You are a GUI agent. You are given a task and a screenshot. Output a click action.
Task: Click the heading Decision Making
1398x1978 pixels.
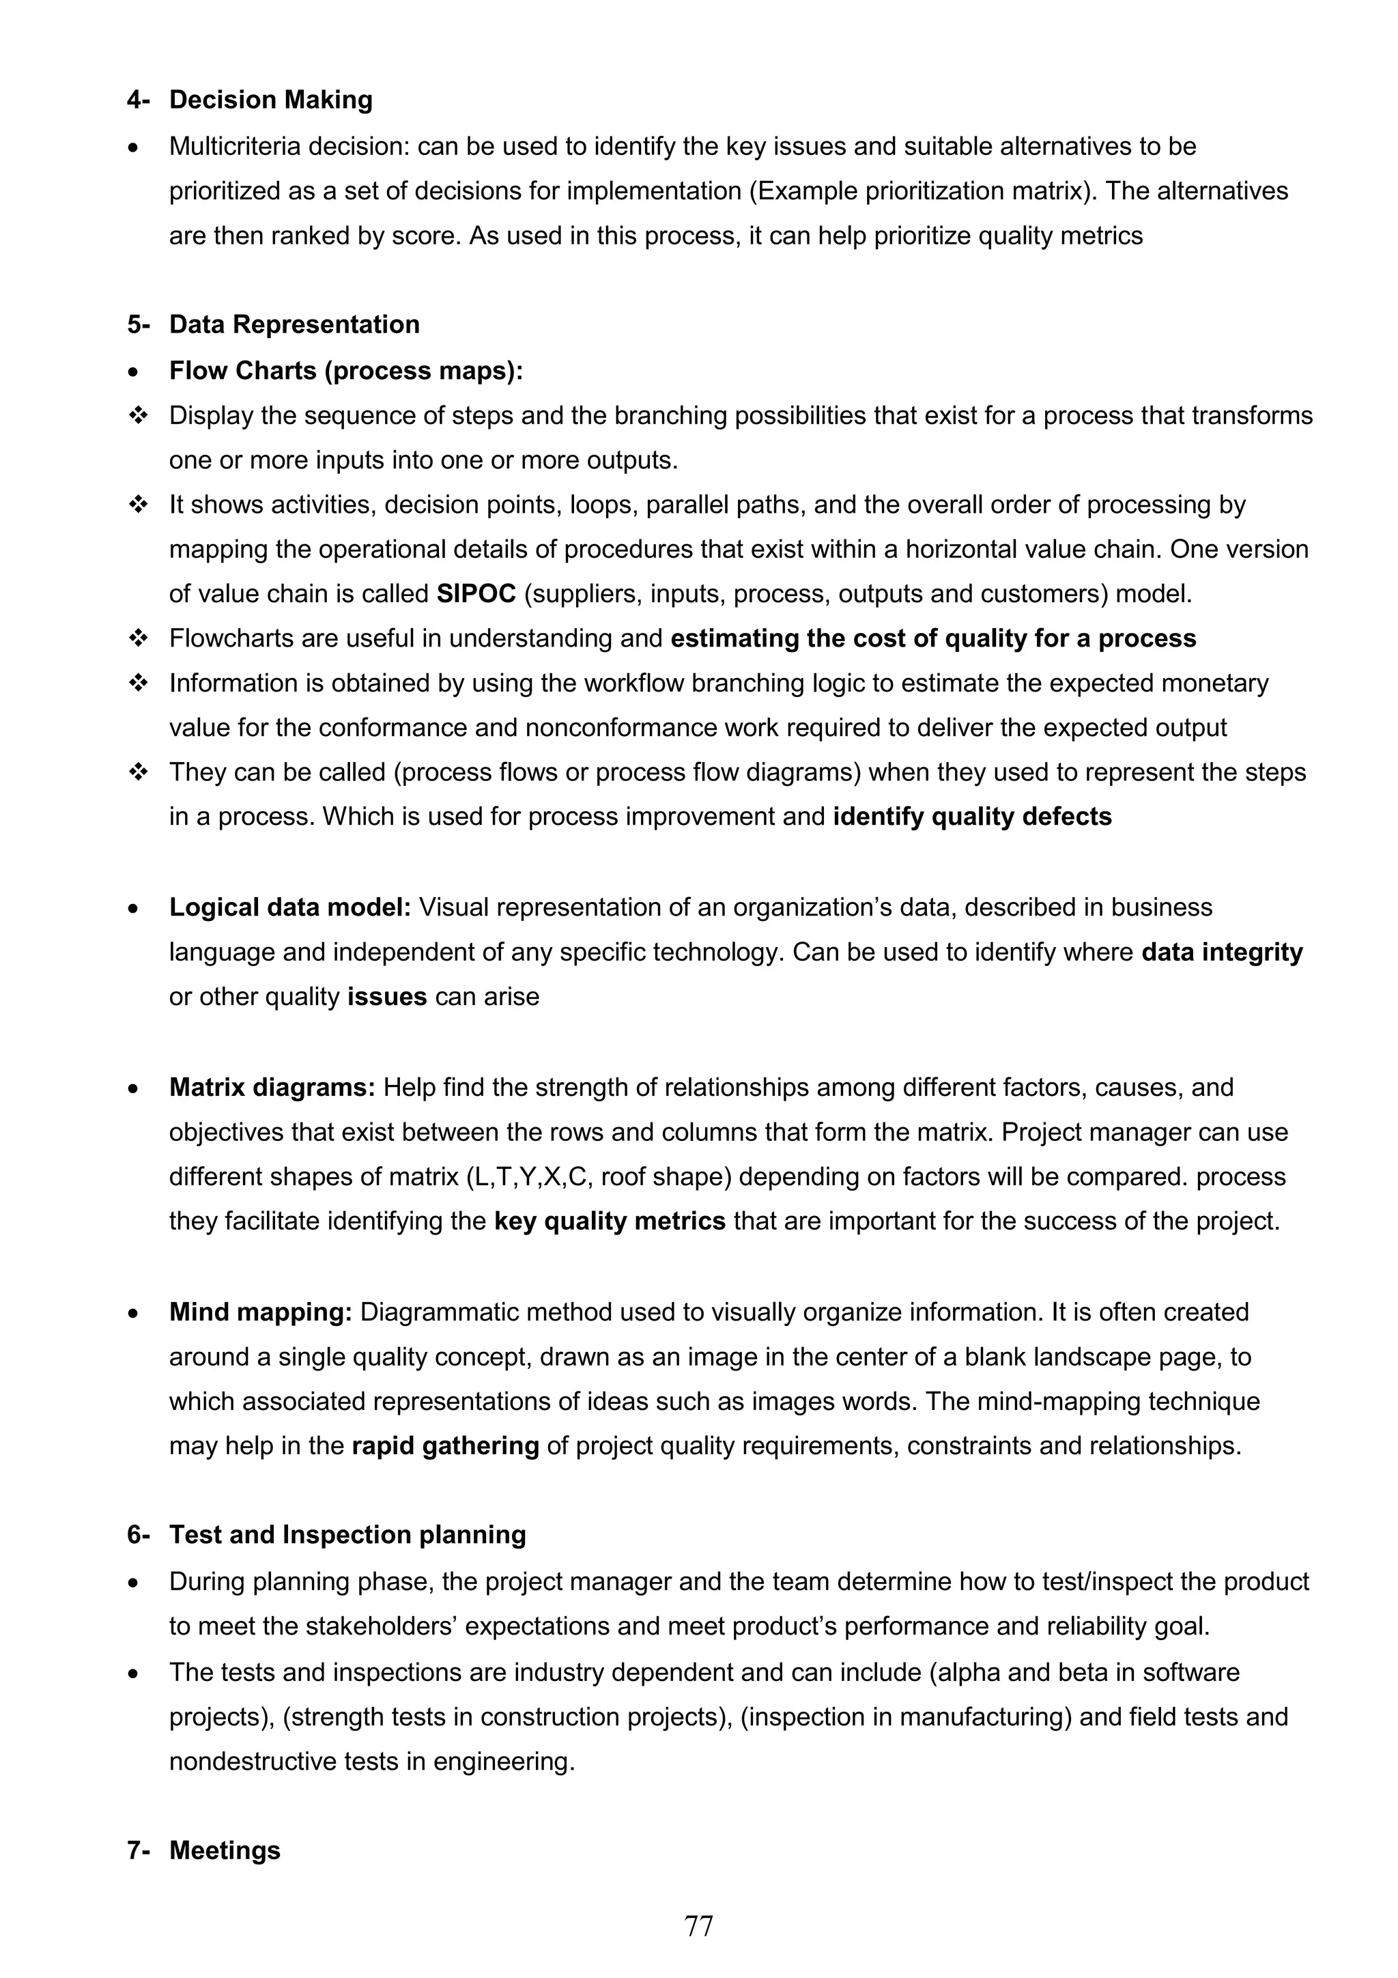coord(270,100)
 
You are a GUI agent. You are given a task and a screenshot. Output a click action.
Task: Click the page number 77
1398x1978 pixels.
coord(698,1925)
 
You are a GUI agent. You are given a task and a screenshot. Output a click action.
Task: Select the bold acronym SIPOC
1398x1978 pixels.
coord(476,593)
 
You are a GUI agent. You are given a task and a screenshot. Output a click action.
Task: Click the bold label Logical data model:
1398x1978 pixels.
coord(289,907)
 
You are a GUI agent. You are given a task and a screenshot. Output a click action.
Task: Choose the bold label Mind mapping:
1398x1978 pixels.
coord(260,1312)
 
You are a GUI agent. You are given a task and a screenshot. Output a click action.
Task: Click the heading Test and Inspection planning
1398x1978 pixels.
coord(347,1534)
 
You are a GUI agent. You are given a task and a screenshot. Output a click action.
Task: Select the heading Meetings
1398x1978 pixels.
coord(225,1850)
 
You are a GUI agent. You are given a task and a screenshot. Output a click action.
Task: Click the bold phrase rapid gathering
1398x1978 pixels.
coord(445,1445)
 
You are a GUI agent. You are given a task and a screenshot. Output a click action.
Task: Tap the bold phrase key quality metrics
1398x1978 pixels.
coord(610,1221)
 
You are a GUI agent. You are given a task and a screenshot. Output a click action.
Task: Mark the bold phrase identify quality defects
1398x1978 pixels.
coord(971,817)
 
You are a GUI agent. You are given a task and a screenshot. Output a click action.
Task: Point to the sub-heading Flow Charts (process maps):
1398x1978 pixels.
coord(346,371)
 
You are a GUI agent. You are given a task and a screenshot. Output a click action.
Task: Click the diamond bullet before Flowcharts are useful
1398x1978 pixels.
coord(138,638)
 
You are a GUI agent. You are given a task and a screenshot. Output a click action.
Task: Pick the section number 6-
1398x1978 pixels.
coord(138,1534)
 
